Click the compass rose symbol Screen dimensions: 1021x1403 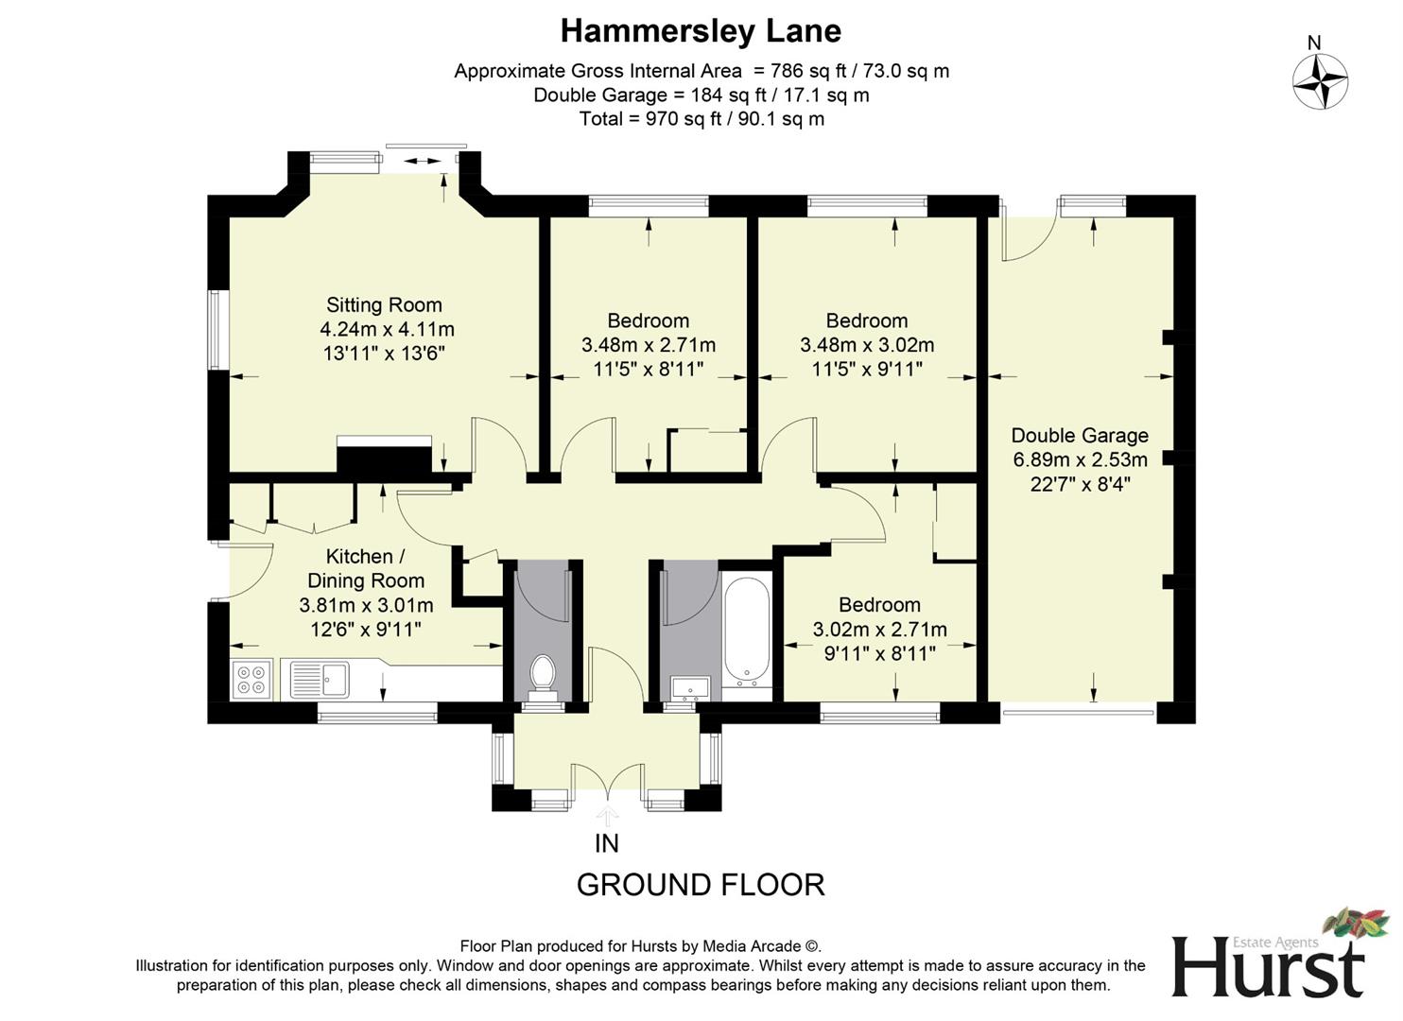(x=1320, y=81)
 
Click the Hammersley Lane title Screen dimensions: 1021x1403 (x=701, y=31)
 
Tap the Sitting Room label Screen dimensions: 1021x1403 (x=384, y=304)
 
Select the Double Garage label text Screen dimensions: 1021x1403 (x=1080, y=435)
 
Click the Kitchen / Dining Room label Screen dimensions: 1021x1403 (x=366, y=568)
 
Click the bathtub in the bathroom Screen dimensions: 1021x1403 (x=747, y=632)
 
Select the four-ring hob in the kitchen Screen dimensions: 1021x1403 (x=251, y=679)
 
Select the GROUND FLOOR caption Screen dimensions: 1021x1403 (x=701, y=885)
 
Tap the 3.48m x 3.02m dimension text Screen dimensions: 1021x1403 (x=867, y=345)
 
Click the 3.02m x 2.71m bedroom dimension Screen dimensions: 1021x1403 (x=879, y=630)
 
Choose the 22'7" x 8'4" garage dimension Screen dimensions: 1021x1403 (x=1080, y=484)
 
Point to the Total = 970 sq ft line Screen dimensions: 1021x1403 (x=701, y=119)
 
